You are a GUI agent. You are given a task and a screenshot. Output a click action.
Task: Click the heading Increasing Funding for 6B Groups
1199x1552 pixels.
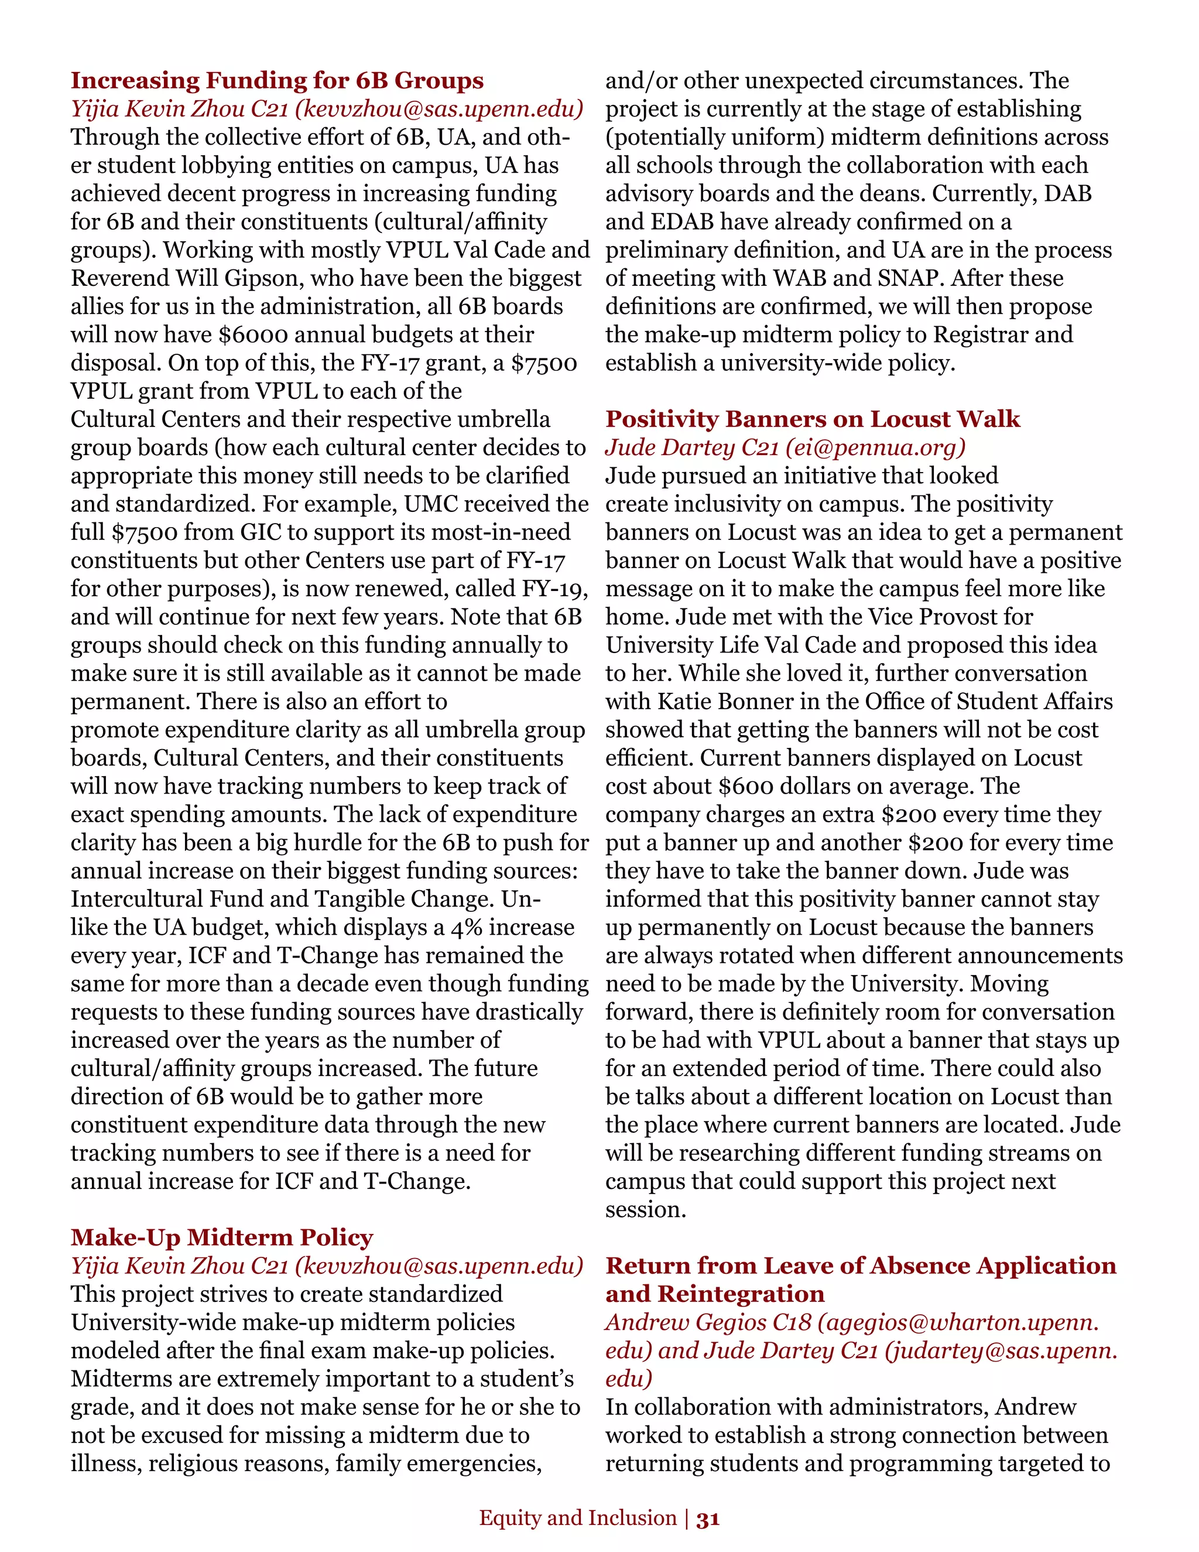tap(277, 80)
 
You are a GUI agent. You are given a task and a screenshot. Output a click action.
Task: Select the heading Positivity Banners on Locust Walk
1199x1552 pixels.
tap(813, 419)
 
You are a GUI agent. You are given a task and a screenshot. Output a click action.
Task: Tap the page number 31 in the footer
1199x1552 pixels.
tap(708, 1519)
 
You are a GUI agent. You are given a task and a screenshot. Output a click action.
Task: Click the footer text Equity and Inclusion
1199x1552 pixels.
tap(577, 1518)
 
